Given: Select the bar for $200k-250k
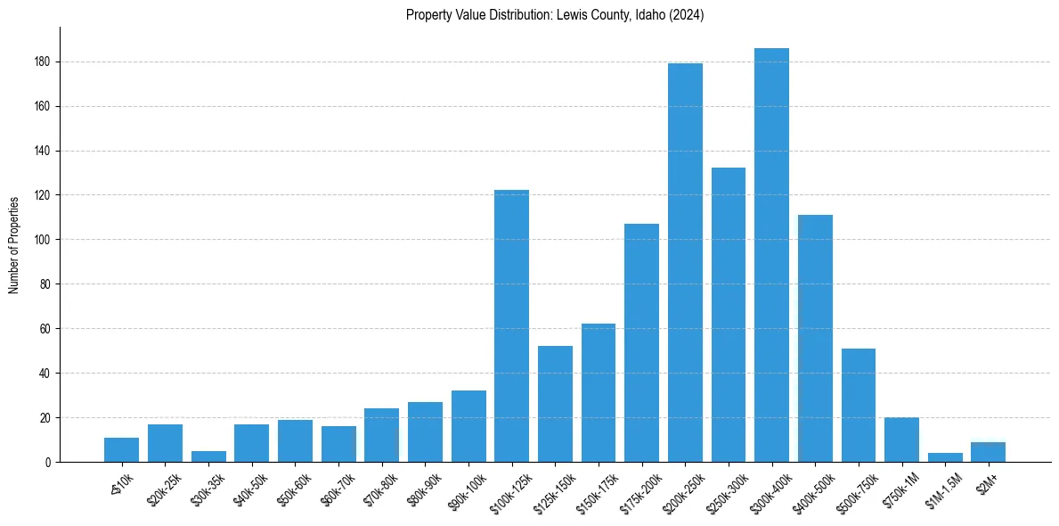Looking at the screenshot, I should pos(685,262).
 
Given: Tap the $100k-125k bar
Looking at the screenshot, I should pos(511,325).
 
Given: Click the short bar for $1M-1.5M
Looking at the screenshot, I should pos(945,457).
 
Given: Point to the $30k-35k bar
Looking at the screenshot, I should pos(208,456).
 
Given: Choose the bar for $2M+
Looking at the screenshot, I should pos(988,452).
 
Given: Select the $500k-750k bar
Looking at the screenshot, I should pos(859,405).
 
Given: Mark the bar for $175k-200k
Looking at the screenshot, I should pos(641,342).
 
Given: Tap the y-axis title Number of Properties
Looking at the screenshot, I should pos(14,244).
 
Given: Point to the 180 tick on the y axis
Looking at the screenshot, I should pos(41,62).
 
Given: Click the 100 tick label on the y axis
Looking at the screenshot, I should pos(41,240).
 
